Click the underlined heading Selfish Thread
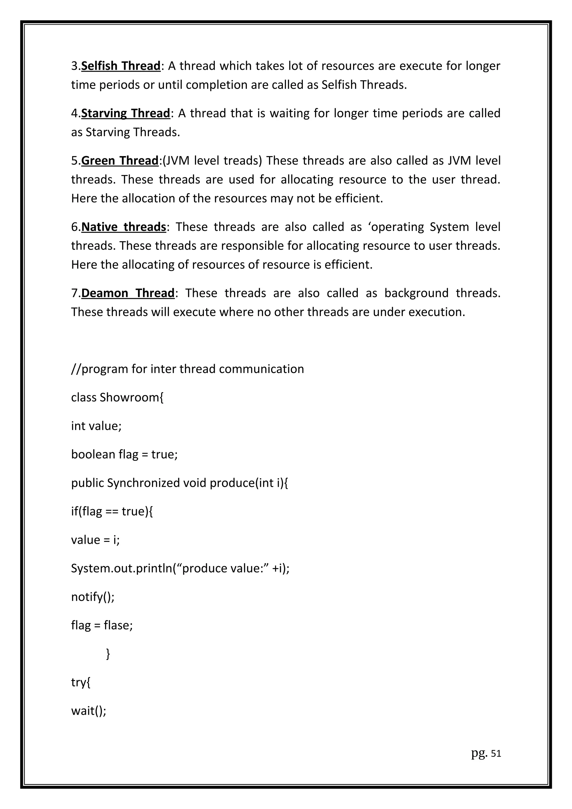point(121,66)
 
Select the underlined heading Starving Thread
point(126,113)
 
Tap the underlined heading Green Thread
point(120,161)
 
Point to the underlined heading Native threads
point(124,227)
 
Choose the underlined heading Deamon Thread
point(128,293)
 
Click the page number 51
point(496,753)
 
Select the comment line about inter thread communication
point(187,369)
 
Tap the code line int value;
point(96,426)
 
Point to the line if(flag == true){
point(112,511)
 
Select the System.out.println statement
point(180,568)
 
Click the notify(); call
point(93,597)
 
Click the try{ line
point(81,683)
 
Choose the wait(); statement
point(89,711)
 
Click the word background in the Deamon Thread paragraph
point(416,293)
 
